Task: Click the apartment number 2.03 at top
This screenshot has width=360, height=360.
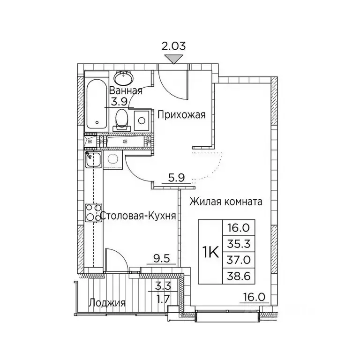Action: [173, 46]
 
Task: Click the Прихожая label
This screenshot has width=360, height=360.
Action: [181, 115]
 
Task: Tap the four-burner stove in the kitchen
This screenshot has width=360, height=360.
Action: [93, 213]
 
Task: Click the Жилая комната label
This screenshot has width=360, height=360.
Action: [226, 202]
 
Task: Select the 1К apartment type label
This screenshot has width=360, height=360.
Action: [210, 252]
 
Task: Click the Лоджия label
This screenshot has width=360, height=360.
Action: [108, 303]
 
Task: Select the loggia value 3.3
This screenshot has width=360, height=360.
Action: [161, 285]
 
